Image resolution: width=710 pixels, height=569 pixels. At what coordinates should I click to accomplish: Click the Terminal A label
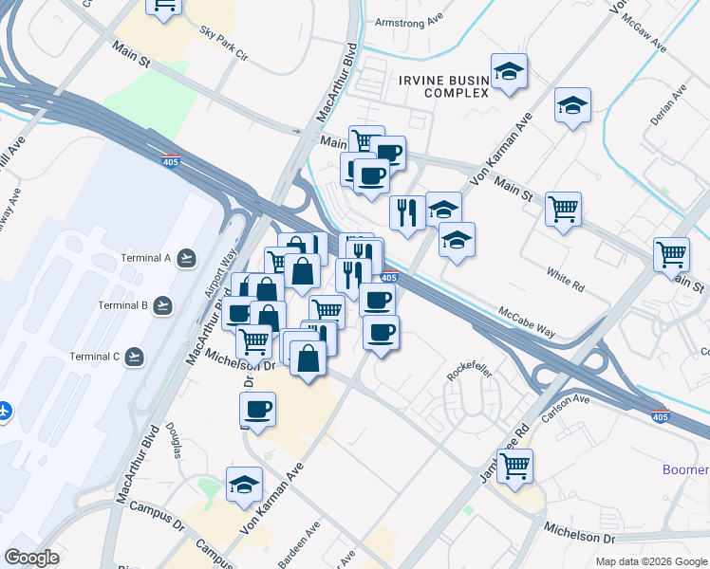(145, 258)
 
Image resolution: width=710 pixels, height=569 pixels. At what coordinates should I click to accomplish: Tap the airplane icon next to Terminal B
(162, 305)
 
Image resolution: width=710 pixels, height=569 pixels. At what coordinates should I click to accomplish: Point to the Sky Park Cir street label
(223, 45)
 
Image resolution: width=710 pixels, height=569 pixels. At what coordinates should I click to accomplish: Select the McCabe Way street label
(527, 321)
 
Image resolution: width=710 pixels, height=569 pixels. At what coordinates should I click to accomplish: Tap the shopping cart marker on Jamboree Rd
(514, 466)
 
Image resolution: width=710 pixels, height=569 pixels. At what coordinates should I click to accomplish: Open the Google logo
(32, 557)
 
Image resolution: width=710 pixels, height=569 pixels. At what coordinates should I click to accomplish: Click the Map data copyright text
(650, 561)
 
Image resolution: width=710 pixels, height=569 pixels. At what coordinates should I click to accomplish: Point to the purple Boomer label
(685, 470)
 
